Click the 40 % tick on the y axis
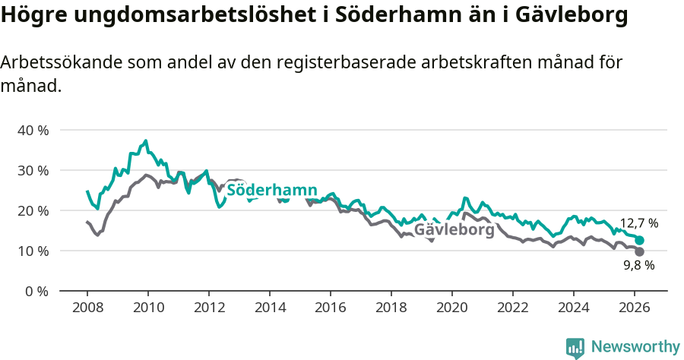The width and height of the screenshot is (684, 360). (33, 130)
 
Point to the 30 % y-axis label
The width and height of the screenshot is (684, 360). (33, 170)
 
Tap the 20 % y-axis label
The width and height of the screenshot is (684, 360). (33, 210)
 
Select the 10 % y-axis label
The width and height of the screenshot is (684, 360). (33, 251)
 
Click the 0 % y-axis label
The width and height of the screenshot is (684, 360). (36, 291)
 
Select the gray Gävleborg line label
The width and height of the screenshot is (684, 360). (454, 229)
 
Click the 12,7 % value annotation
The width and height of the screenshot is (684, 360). (639, 223)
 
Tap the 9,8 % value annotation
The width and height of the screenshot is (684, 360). (639, 266)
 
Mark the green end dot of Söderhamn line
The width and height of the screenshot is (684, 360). (640, 240)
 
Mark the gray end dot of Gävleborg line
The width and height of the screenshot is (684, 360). (640, 251)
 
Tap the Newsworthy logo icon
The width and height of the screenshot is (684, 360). (575, 347)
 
